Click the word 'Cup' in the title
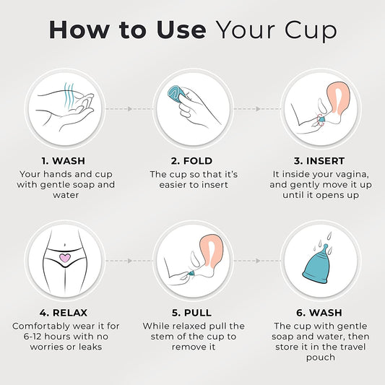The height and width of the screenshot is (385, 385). [311, 30]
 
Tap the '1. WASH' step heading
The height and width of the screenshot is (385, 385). [64, 161]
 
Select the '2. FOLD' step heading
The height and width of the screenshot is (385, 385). [191, 161]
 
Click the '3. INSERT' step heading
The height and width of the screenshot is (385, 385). [319, 161]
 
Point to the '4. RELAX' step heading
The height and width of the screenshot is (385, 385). [64, 313]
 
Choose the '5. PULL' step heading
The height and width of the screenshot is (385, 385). [191, 313]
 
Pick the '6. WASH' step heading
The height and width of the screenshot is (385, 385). [319, 313]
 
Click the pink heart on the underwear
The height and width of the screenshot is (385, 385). [65, 258]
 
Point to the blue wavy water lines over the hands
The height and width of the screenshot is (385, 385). [69, 95]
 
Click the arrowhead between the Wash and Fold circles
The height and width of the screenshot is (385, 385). [130, 109]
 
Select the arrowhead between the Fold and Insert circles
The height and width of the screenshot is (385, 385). [258, 109]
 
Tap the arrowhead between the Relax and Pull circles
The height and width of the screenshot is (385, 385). [130, 261]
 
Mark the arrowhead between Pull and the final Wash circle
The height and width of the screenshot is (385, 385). [258, 261]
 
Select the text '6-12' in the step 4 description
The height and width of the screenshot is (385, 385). [33, 337]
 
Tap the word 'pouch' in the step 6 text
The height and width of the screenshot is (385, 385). [321, 358]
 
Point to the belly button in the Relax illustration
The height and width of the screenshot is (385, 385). [64, 245]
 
